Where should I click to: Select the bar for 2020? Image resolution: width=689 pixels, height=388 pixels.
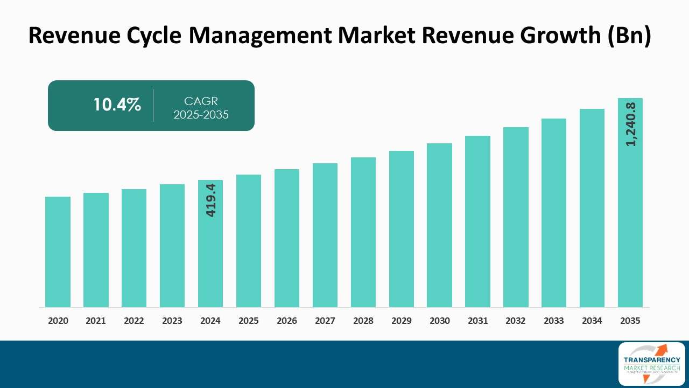[x=58, y=252]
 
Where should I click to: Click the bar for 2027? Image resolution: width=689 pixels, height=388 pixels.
[x=325, y=235]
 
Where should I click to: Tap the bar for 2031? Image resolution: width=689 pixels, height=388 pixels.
[x=477, y=221]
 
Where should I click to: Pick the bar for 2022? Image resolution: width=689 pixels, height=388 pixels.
[x=134, y=248]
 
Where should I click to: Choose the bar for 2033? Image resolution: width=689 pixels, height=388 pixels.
[x=554, y=212]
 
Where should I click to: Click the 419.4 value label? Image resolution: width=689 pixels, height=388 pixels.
[x=210, y=200]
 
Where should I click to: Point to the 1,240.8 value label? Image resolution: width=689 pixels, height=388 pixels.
[x=630, y=124]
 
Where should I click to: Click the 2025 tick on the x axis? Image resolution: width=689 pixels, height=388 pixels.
[x=249, y=321]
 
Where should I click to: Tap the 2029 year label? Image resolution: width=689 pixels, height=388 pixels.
[x=401, y=321]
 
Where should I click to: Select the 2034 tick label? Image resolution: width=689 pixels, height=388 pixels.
[x=592, y=321]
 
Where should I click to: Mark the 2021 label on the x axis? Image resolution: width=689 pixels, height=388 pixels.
[x=96, y=321]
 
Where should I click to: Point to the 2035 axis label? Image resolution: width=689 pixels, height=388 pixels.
[x=630, y=321]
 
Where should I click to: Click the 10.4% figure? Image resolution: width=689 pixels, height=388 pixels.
[x=117, y=105]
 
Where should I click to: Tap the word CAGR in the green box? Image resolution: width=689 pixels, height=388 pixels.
[x=201, y=101]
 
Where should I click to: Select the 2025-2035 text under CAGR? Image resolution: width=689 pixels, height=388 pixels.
[x=201, y=114]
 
